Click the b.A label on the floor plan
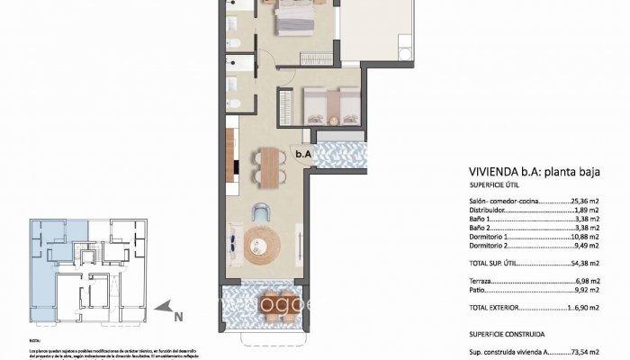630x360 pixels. pos(303,154)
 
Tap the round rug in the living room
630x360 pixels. pos(263,242)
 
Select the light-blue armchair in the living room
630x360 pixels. pos(261,211)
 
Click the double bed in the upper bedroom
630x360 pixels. pos(293,14)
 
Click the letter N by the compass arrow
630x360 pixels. pos(178,316)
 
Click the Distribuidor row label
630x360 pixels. pos(490,212)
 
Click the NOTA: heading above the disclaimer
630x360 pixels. pos(35,341)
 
